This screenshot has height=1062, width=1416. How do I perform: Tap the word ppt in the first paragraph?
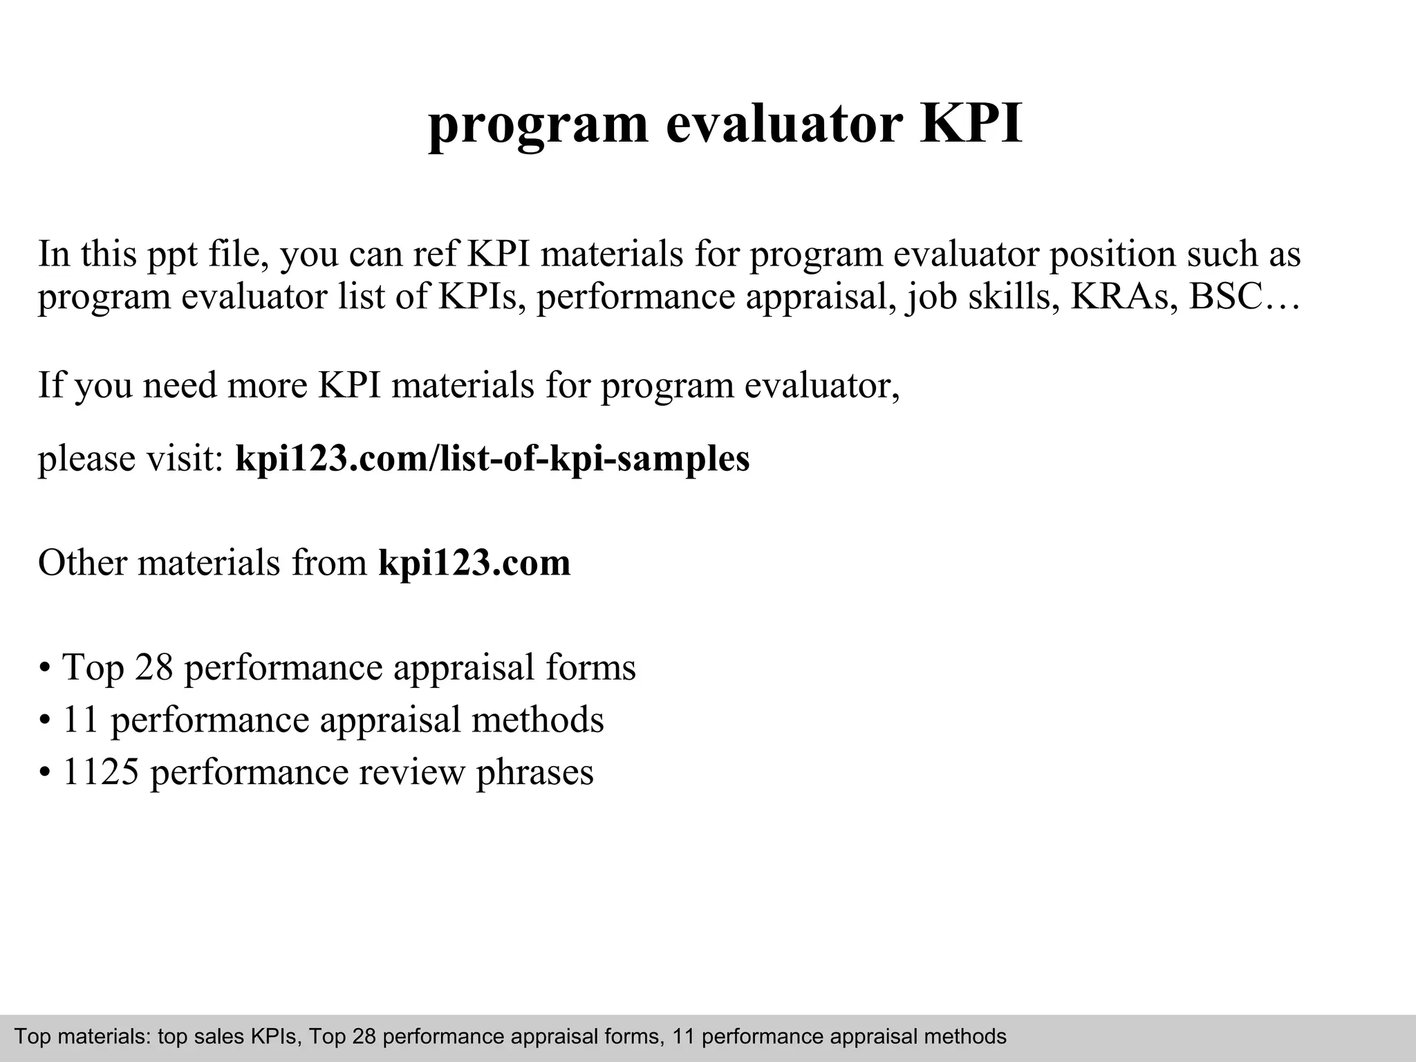(x=172, y=254)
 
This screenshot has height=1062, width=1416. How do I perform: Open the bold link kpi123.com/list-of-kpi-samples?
(x=492, y=458)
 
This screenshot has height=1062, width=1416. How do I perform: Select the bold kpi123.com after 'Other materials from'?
(x=474, y=563)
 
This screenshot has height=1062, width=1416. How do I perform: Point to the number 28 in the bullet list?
(x=153, y=667)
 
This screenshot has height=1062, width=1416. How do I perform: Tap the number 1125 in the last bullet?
(x=101, y=772)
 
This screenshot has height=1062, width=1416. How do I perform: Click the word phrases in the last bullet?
(x=534, y=772)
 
